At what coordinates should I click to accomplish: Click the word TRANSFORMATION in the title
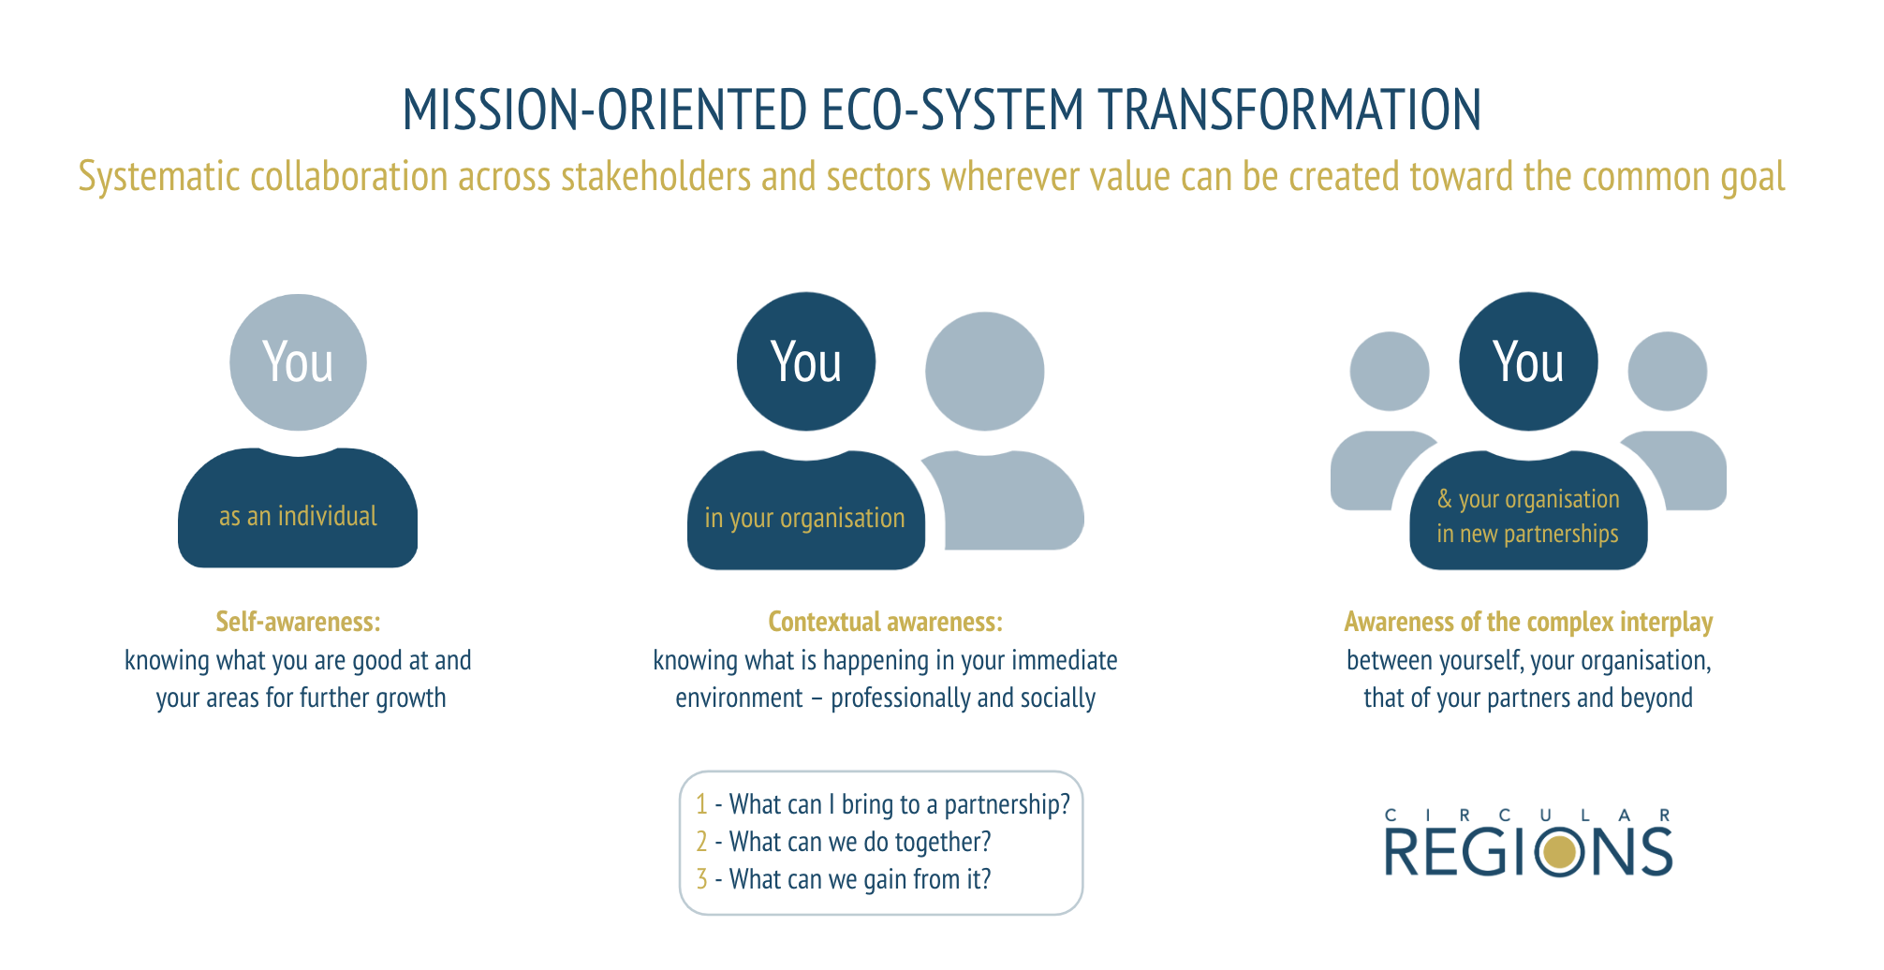click(1289, 110)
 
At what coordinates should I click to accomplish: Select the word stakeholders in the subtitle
click(655, 177)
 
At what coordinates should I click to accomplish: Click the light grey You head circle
click(298, 362)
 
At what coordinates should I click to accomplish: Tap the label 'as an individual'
click(298, 517)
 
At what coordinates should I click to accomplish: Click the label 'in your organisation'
click(804, 519)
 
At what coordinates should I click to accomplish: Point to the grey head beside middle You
click(984, 371)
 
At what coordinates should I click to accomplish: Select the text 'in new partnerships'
click(1527, 535)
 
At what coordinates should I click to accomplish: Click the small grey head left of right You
click(1389, 371)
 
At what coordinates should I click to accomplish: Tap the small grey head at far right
click(1667, 371)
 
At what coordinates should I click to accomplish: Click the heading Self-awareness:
click(298, 622)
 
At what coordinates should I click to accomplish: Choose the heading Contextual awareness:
click(885, 622)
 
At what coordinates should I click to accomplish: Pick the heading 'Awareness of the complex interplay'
click(1527, 622)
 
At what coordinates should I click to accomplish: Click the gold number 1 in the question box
click(701, 804)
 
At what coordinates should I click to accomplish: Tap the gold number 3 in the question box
click(701, 879)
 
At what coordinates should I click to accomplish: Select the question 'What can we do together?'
click(860, 842)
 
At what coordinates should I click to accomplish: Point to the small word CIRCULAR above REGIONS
click(1527, 816)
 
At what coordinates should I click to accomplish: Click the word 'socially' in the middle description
click(1058, 698)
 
